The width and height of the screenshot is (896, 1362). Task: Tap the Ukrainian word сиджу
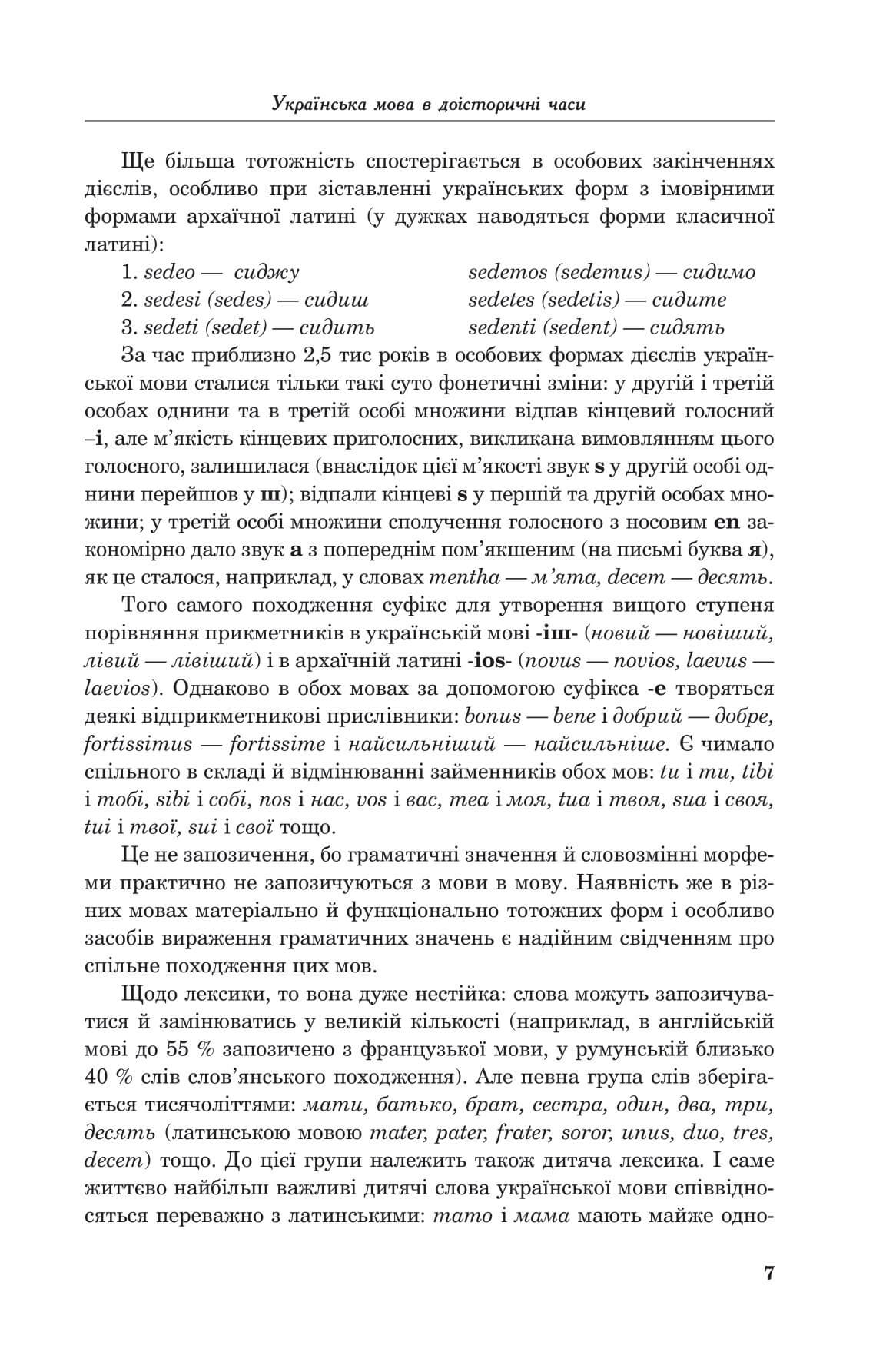(x=267, y=273)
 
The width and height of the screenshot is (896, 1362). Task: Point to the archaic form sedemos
(x=507, y=272)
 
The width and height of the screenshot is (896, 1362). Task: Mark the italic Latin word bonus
(x=492, y=716)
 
